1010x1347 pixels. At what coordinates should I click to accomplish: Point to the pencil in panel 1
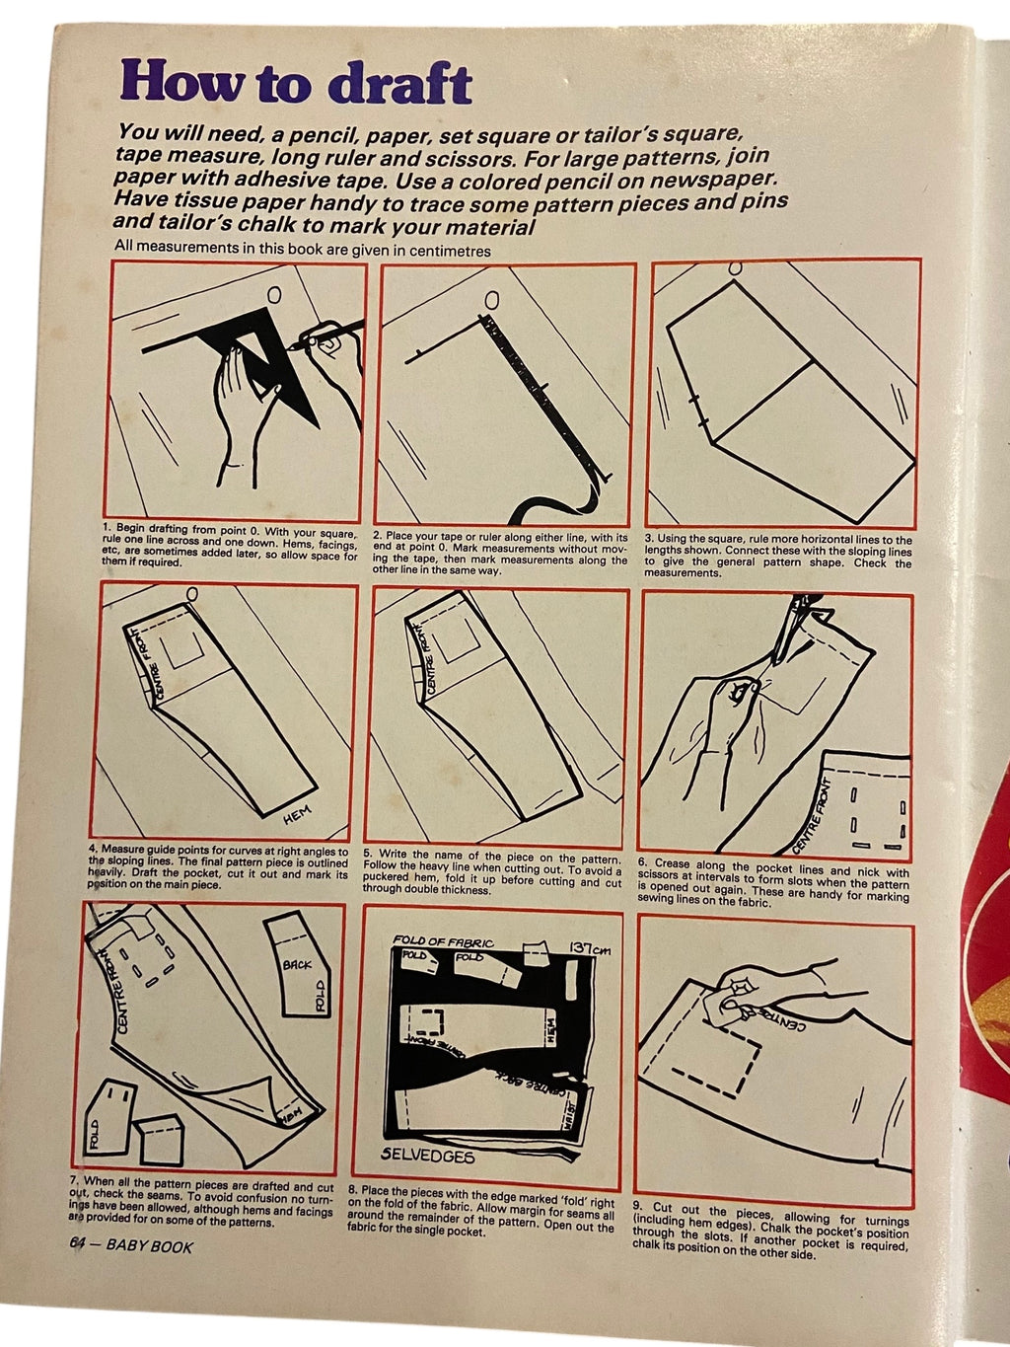click(x=329, y=334)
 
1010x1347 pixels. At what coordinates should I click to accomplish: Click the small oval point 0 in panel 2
click(x=490, y=301)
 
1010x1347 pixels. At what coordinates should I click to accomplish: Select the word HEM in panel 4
click(x=297, y=814)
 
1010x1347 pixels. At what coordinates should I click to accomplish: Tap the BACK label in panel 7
click(x=297, y=965)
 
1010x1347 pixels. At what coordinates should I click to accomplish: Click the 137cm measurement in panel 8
click(x=590, y=949)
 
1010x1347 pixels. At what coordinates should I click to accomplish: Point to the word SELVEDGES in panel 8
click(x=427, y=1156)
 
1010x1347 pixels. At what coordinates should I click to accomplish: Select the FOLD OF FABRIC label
click(x=443, y=941)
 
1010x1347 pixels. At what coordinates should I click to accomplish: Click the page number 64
click(x=77, y=1245)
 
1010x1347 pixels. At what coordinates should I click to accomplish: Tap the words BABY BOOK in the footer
click(x=150, y=1247)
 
